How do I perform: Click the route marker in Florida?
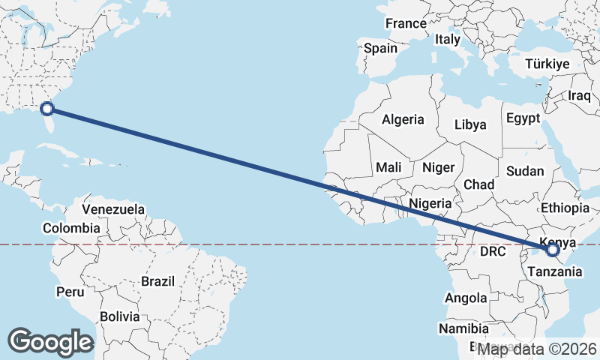(x=47, y=109)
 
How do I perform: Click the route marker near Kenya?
(x=553, y=250)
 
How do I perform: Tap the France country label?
(x=406, y=24)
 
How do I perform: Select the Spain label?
(x=380, y=49)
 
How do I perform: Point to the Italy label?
(x=448, y=39)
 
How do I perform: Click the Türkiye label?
(x=547, y=64)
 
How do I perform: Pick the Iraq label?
(x=580, y=96)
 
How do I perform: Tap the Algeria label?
(x=403, y=119)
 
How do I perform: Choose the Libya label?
(x=470, y=124)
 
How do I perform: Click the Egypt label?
(x=523, y=118)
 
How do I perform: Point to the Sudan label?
(x=525, y=171)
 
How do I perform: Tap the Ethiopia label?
(x=565, y=208)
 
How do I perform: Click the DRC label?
(x=493, y=250)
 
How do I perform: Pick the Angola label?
(x=466, y=298)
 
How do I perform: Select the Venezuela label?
(x=113, y=208)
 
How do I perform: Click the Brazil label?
(x=157, y=282)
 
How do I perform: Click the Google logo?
(x=50, y=341)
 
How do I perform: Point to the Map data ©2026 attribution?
(x=537, y=349)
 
